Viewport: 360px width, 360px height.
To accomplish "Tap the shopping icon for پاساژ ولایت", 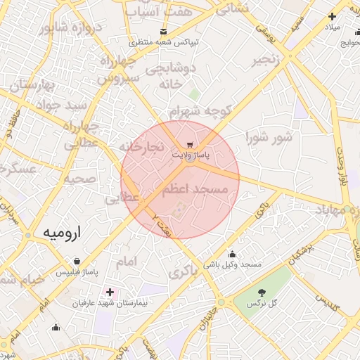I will [x=192, y=139].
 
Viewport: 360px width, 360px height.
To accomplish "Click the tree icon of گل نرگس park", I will [x=262, y=292].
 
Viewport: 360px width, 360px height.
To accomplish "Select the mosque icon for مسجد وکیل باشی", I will [x=233, y=255].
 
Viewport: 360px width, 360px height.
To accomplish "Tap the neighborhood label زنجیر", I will [x=271, y=60].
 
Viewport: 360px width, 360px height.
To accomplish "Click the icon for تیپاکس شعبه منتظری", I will [x=164, y=32].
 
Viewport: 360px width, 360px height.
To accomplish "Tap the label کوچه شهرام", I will [x=200, y=111].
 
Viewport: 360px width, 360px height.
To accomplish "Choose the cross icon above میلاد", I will [x=332, y=16].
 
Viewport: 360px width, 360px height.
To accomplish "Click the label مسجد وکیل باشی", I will [x=233, y=265].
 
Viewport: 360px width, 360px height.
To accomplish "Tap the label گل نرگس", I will [x=262, y=303].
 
